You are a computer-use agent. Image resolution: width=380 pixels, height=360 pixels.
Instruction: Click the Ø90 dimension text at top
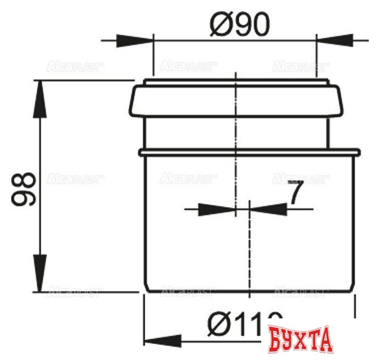(x=240, y=24)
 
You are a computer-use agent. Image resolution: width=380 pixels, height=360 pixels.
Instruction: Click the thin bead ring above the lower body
(x=248, y=151)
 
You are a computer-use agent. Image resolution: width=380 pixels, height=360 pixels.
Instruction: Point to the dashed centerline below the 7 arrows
(x=248, y=253)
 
